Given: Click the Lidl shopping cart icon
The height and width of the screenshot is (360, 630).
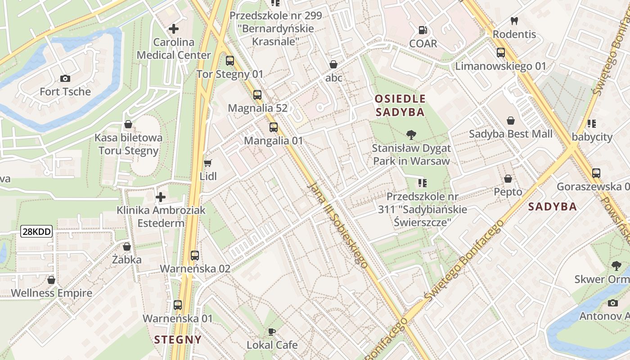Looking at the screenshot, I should (207, 163).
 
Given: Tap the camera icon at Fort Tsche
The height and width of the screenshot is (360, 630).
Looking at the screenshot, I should (65, 78).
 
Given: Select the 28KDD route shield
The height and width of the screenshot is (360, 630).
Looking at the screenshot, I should (37, 232).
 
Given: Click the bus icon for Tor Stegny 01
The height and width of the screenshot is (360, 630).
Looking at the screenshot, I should (230, 60).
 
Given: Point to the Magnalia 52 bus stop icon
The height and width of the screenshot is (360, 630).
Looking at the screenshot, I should (257, 94).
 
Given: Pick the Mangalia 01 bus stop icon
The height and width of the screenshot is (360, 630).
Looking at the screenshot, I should (274, 127).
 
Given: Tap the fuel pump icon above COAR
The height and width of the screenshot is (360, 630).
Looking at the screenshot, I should (423, 30).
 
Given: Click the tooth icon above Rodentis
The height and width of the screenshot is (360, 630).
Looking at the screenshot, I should (514, 21).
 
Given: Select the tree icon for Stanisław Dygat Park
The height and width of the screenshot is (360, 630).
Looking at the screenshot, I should (410, 134).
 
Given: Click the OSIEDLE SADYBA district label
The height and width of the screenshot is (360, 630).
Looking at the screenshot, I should (400, 105).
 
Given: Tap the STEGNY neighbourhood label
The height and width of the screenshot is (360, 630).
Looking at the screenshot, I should (178, 339).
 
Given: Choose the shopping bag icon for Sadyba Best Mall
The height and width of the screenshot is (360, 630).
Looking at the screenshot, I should (511, 121).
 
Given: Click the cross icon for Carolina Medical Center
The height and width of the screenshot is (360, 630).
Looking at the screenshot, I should (173, 29).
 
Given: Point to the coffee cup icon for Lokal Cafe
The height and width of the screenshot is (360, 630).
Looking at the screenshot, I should (272, 332).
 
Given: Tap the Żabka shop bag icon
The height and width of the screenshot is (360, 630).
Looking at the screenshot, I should (127, 247).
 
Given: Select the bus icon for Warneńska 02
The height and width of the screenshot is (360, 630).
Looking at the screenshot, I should (195, 256).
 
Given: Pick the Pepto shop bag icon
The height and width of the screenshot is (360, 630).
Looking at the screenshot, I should (508, 179).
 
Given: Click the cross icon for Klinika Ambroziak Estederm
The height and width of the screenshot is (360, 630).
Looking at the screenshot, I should (161, 197).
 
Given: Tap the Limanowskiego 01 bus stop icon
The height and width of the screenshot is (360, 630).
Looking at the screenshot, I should (501, 53).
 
